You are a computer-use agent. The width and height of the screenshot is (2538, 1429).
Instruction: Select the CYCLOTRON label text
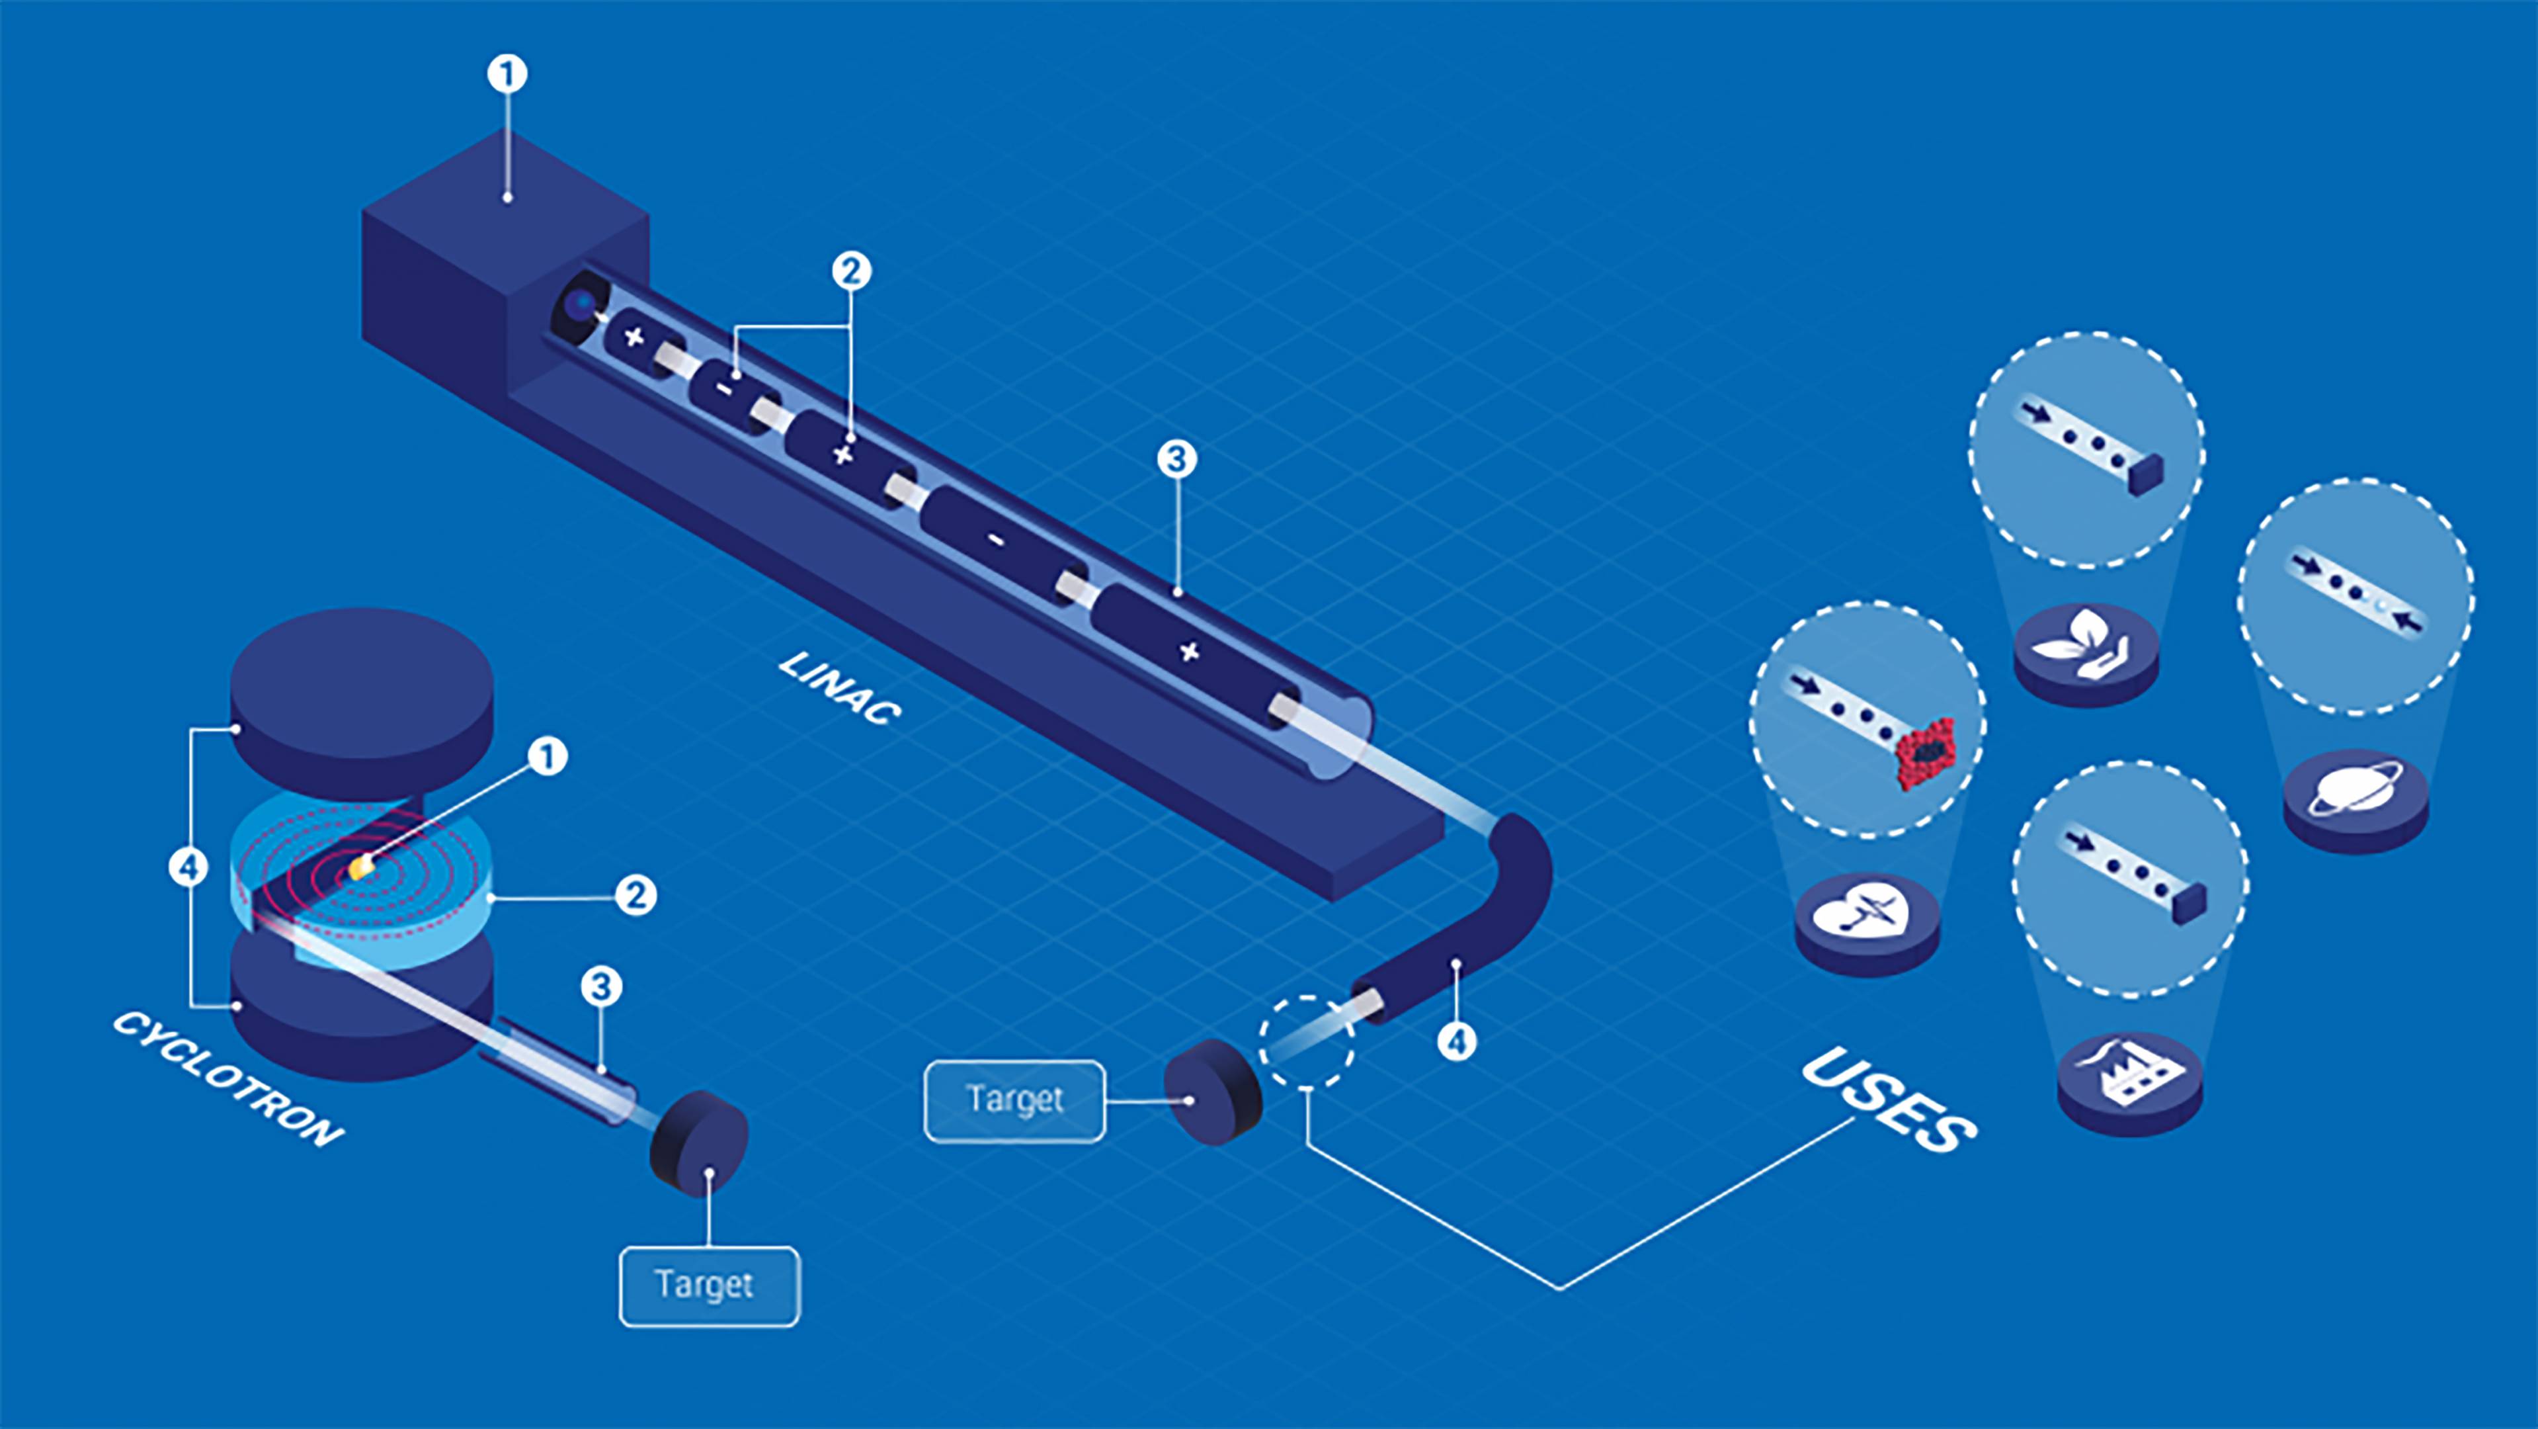(x=229, y=1079)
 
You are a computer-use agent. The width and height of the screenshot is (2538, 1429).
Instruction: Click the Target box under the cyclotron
(x=708, y=1286)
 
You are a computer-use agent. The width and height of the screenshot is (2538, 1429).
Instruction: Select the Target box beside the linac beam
(x=1014, y=1100)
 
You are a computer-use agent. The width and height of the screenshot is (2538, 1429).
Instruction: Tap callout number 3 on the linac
(x=1176, y=459)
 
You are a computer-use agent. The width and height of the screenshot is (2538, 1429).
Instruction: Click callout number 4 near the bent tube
(x=1457, y=1041)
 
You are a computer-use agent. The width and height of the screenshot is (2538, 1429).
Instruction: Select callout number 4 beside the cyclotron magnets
(x=188, y=867)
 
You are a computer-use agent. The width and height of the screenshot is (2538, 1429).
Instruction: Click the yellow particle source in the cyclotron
(x=360, y=867)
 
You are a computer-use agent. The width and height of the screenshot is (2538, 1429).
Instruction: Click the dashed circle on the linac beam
(x=1307, y=1042)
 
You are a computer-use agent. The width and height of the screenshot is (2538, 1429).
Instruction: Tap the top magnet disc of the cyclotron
(x=362, y=690)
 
